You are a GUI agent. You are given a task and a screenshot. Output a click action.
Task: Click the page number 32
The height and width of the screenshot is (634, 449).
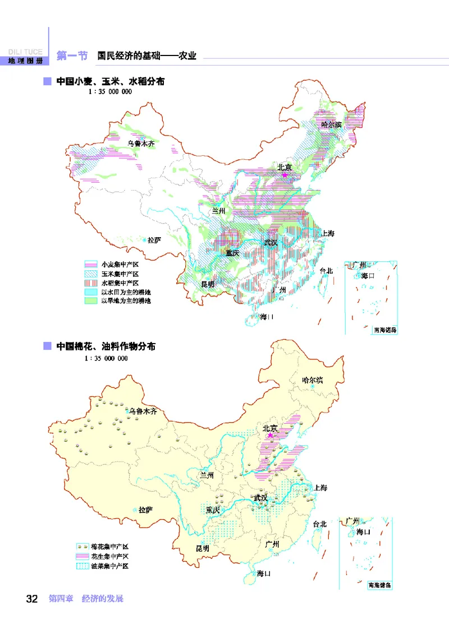[31, 599]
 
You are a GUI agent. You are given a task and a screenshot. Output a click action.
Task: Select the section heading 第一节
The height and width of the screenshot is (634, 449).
[72, 55]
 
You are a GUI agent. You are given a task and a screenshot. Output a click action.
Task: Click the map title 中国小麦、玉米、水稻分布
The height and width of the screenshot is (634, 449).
[110, 82]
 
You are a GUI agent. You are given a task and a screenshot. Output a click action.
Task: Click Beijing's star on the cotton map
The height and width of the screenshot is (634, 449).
[271, 436]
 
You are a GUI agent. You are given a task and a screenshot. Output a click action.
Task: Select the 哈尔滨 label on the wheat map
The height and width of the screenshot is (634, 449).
[331, 124]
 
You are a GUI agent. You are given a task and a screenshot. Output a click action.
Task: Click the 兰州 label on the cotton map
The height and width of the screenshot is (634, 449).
[207, 475]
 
